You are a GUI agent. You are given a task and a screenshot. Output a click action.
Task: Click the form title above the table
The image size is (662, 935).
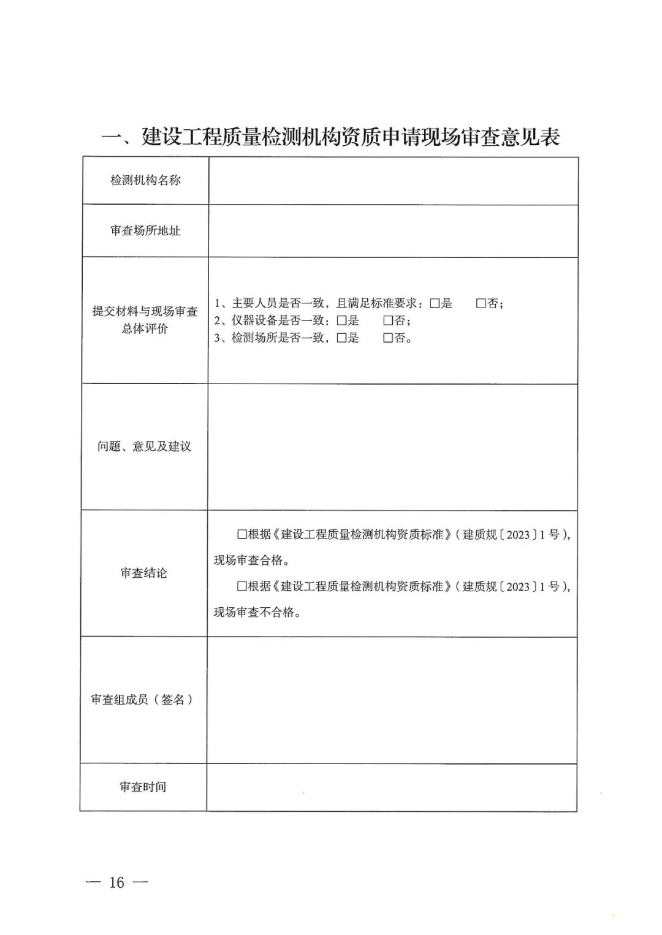330,136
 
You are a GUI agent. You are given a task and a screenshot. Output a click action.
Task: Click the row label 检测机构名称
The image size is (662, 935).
145,180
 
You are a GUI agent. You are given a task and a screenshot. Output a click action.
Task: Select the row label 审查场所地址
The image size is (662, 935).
145,230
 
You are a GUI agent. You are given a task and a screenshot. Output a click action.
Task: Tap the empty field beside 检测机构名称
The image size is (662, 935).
393,181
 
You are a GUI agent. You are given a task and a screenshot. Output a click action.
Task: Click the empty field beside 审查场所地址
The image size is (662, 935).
393,231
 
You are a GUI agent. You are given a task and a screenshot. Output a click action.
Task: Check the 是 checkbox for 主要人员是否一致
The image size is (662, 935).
435,303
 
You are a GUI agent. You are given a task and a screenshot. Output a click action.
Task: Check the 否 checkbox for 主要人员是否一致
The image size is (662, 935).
481,303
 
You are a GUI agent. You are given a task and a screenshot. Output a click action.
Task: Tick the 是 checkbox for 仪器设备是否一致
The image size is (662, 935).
341,320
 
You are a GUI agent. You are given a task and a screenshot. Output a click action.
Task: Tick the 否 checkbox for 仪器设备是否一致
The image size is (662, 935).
387,320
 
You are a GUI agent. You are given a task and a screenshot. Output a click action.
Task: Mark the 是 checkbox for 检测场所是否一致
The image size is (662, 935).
341,338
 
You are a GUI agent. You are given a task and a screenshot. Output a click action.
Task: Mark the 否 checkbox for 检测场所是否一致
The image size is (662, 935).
387,338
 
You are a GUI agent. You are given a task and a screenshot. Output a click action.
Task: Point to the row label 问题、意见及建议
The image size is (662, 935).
145,446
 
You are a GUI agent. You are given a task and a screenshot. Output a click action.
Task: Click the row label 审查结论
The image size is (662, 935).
143,573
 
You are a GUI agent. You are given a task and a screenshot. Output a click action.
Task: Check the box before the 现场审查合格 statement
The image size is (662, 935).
242,534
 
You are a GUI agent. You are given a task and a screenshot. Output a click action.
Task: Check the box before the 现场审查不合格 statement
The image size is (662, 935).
242,586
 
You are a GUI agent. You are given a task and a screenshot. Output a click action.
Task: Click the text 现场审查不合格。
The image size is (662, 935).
257,612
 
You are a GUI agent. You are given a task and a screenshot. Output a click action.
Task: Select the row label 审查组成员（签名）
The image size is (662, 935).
142,699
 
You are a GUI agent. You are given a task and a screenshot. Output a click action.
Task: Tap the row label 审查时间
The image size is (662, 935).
142,787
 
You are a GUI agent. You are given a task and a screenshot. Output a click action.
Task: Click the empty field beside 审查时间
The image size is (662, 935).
392,787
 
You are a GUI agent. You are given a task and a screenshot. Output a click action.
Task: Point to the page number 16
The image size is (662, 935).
116,882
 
